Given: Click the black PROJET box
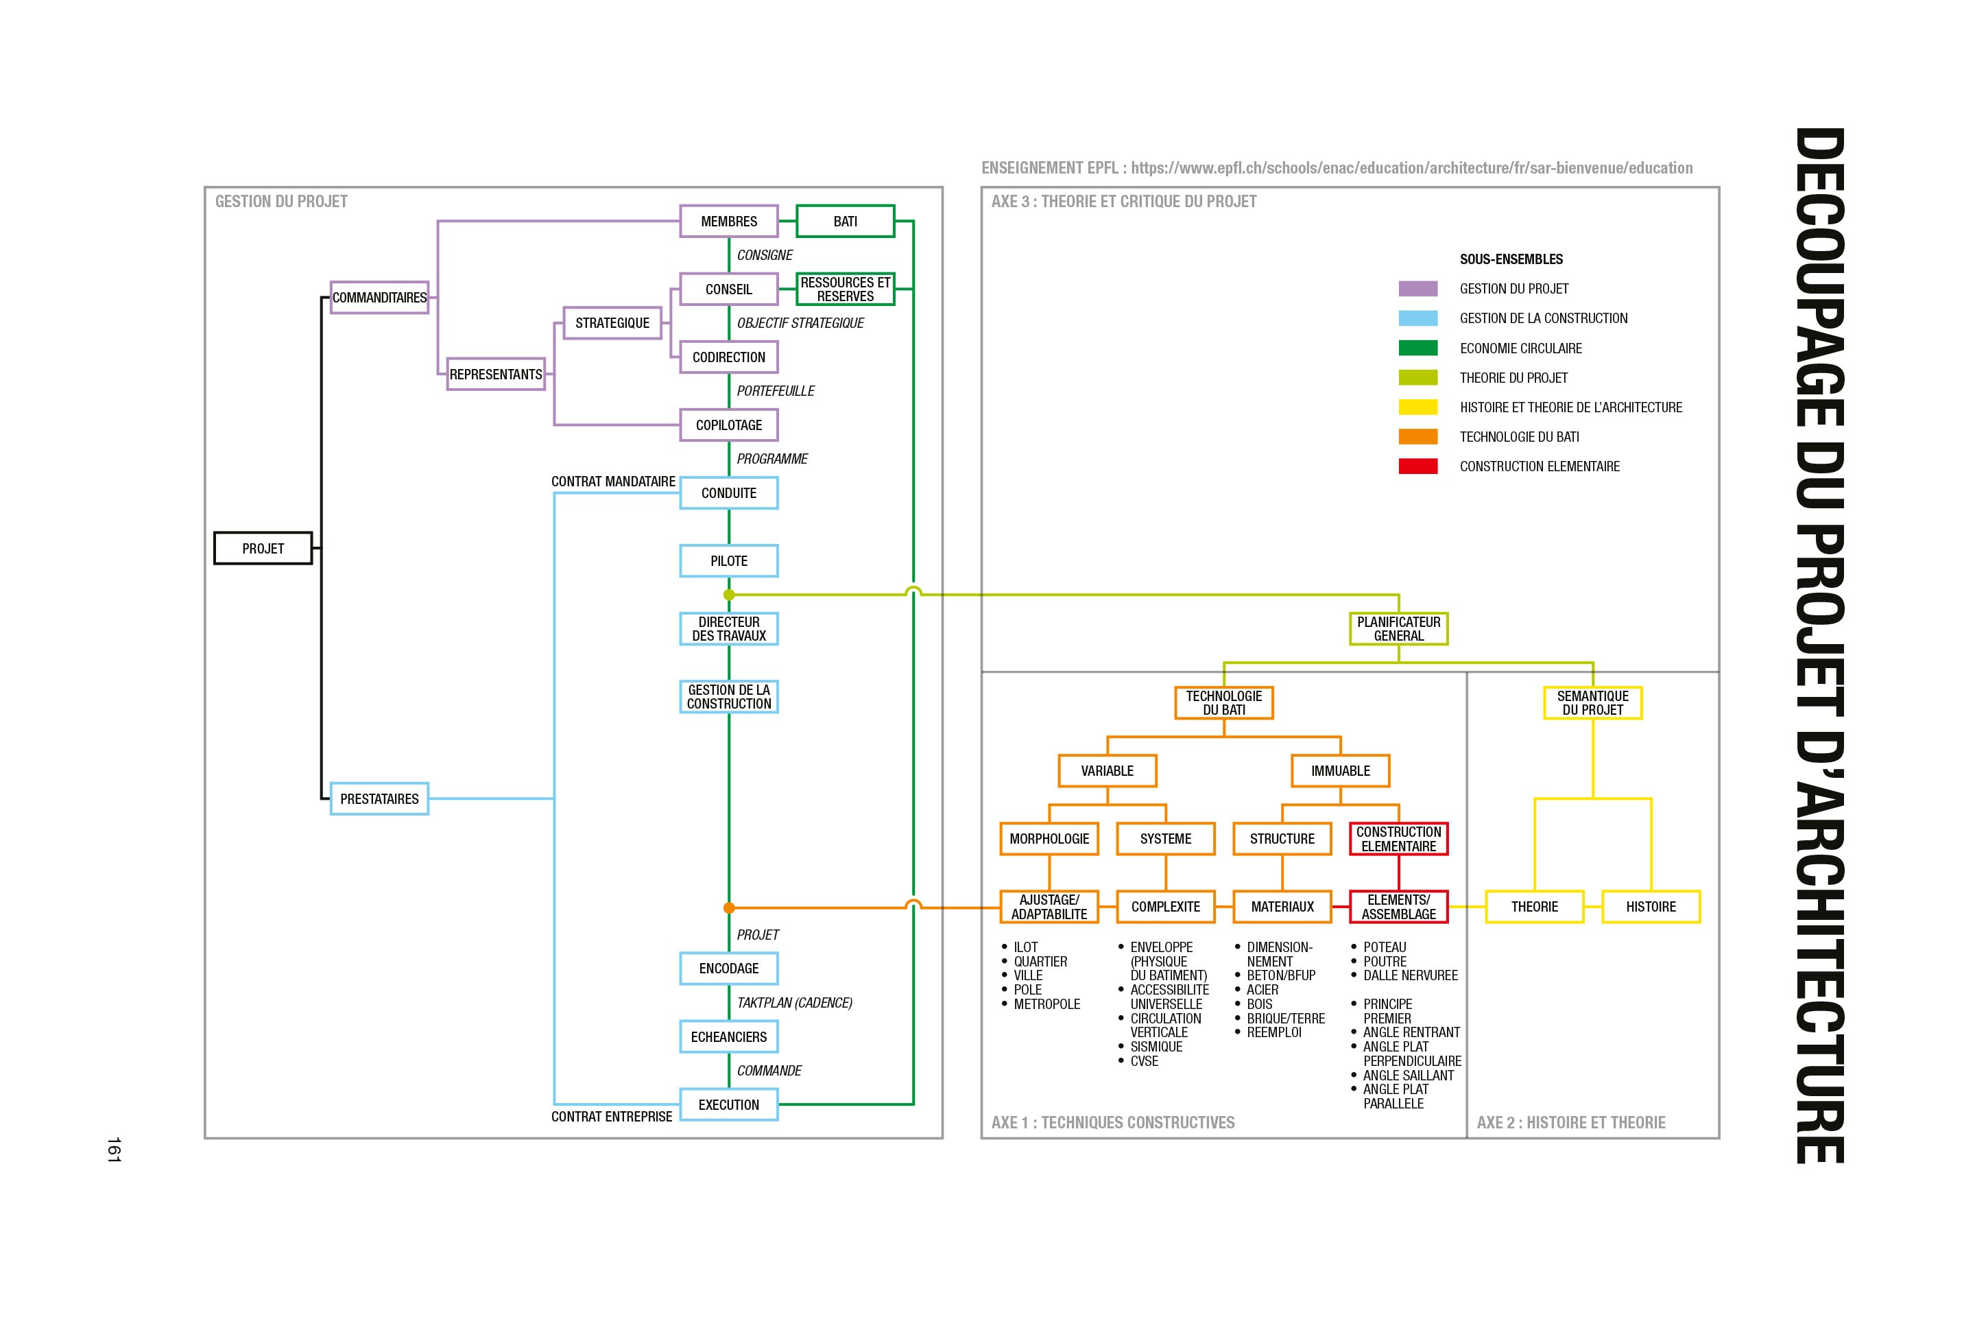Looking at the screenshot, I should tap(263, 549).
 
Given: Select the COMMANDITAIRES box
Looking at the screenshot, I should tap(379, 297).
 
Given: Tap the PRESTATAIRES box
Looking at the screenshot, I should tap(379, 798).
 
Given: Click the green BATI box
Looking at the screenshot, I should tap(845, 221).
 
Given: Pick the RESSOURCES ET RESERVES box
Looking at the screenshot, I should tap(845, 289).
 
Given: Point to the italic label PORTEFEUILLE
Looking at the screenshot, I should tap(775, 390).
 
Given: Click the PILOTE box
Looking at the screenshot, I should tap(728, 561).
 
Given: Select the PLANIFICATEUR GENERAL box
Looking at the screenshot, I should tap(1398, 628).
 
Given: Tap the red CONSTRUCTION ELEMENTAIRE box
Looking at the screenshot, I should tap(1398, 838).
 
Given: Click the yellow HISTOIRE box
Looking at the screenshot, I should tap(1650, 906).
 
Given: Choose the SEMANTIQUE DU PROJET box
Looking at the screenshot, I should tap(1592, 702).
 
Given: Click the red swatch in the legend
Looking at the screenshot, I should tap(1417, 466).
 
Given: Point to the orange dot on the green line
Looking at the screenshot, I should tap(729, 907).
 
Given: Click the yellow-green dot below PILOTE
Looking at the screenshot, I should tap(729, 595).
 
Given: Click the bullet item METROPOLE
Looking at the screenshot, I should tap(1046, 1004).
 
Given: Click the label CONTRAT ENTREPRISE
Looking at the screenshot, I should tap(611, 1116).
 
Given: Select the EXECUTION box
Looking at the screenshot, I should tap(728, 1104).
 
